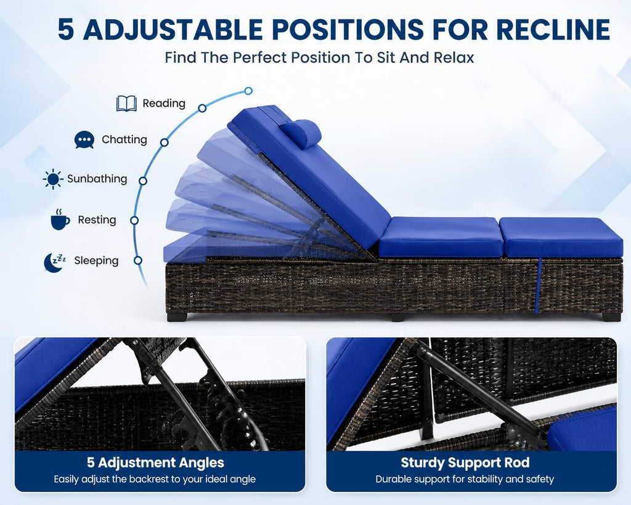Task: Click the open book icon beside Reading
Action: point(126,104)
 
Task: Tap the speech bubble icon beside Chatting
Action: point(84,140)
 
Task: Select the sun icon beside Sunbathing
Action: point(53,179)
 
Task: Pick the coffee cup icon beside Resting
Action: point(60,220)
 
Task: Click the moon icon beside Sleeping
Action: point(54,263)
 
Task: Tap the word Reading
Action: point(164,104)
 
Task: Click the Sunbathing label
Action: point(97,179)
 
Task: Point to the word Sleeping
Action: point(96,261)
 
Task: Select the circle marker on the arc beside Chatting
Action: point(164,142)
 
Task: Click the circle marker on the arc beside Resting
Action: point(134,220)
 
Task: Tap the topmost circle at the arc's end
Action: point(249,91)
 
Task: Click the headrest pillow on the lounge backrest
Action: point(301,129)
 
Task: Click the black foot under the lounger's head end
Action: point(177,316)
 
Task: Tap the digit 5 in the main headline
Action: point(66,30)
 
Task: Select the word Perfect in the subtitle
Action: point(260,57)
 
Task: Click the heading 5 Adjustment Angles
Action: point(155,462)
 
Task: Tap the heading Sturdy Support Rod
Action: point(465,462)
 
